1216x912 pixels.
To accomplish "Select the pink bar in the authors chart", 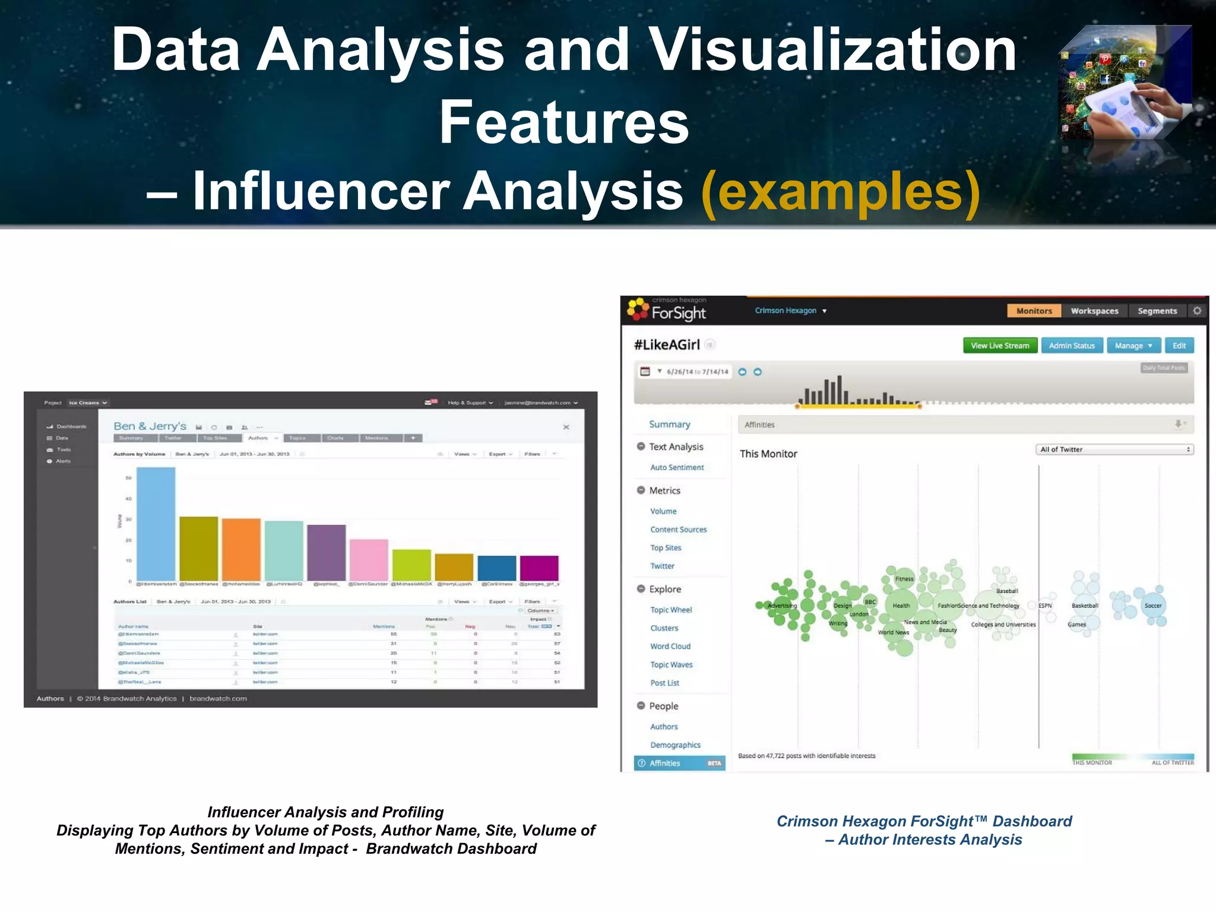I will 369,560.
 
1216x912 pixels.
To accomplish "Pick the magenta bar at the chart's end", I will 539,568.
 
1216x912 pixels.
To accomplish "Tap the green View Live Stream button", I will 1000,346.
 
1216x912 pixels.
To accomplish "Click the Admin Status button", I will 1072,346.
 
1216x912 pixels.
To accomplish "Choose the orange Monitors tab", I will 1034,311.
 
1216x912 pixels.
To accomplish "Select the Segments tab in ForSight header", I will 1157,311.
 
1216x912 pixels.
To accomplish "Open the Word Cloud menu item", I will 670,646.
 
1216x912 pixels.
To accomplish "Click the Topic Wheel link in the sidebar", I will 671,610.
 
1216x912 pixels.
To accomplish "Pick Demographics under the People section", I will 675,745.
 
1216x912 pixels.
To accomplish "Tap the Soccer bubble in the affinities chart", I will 1153,606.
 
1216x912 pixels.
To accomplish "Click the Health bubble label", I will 901,606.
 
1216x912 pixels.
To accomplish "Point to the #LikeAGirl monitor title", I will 667,345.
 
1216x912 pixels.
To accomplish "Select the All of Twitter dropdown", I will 1115,449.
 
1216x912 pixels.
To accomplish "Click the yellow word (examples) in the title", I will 840,191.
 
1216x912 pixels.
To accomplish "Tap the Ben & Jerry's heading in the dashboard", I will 150,426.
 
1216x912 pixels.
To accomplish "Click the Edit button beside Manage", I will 1179,346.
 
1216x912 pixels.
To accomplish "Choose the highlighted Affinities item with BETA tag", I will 679,763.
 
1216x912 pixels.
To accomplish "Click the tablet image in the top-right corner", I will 1125,83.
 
